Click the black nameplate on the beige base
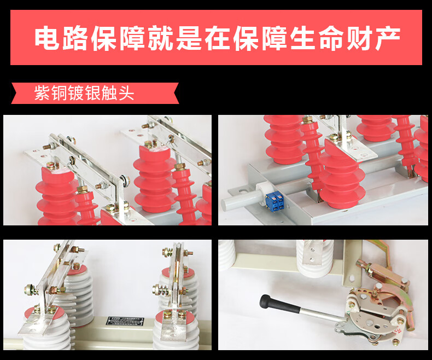(x=125, y=321)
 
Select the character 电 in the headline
(x=47, y=38)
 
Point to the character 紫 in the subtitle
(x=42, y=93)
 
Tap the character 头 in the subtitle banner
(x=126, y=93)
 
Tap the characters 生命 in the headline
(x=317, y=38)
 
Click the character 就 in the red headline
(x=161, y=38)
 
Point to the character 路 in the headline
(x=75, y=38)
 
